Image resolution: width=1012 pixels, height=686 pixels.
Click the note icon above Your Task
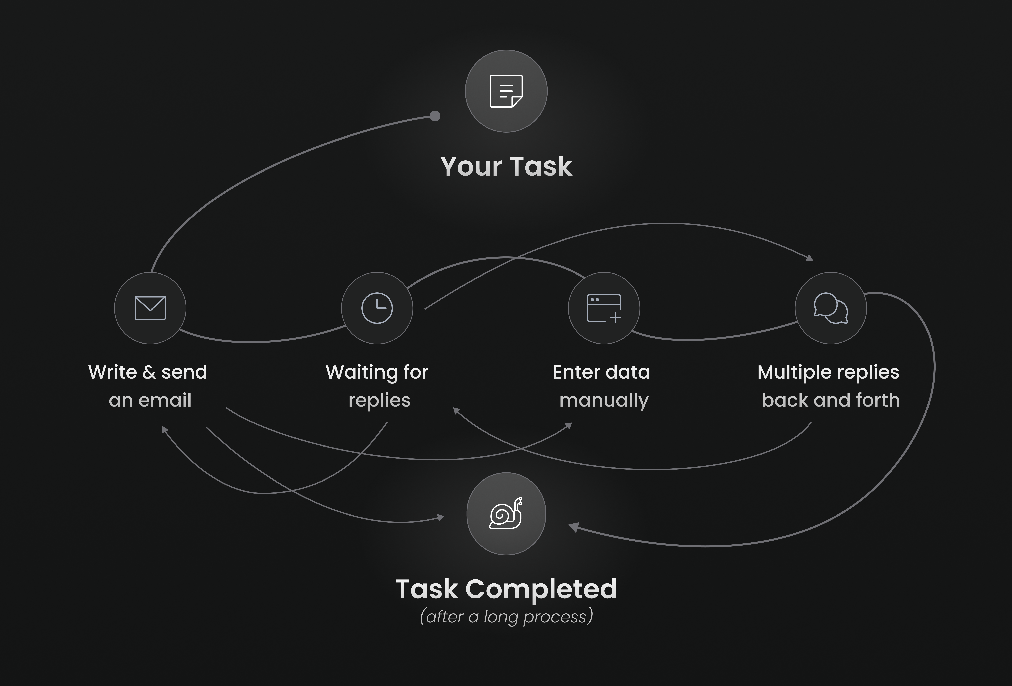[x=506, y=91]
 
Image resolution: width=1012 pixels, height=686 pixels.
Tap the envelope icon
[x=150, y=308]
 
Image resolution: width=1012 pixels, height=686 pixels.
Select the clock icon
[x=377, y=308]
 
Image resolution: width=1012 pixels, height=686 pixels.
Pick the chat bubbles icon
[x=831, y=308]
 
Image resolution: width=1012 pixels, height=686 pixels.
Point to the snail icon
[x=506, y=513]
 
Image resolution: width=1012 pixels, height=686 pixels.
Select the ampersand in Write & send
[x=149, y=372]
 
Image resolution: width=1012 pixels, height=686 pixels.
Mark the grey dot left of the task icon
[x=435, y=116]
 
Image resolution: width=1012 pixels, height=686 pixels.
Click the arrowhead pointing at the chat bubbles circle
[x=809, y=258]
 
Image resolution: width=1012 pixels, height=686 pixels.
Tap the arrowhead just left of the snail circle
[x=441, y=518]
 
